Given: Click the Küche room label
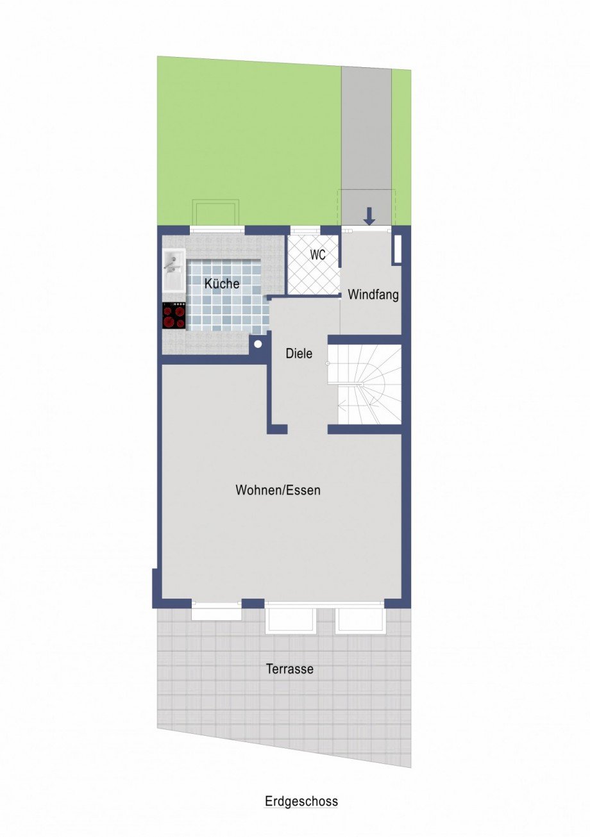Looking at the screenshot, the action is [222, 283].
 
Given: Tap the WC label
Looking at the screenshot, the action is [318, 254].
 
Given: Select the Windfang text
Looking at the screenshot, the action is [373, 295].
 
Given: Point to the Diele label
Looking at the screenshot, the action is [299, 354].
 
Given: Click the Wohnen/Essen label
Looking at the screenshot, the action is [278, 490].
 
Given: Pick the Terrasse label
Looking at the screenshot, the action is [290, 669].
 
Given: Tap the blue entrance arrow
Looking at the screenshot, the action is [369, 217].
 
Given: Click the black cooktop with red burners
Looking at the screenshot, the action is [174, 316].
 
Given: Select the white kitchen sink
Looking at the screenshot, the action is [174, 270].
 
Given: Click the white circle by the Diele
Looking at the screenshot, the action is [258, 344].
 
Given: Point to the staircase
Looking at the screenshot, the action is [364, 385].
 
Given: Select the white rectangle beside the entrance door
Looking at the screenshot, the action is [398, 249].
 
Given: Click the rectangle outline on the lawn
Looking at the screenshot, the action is [215, 213].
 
